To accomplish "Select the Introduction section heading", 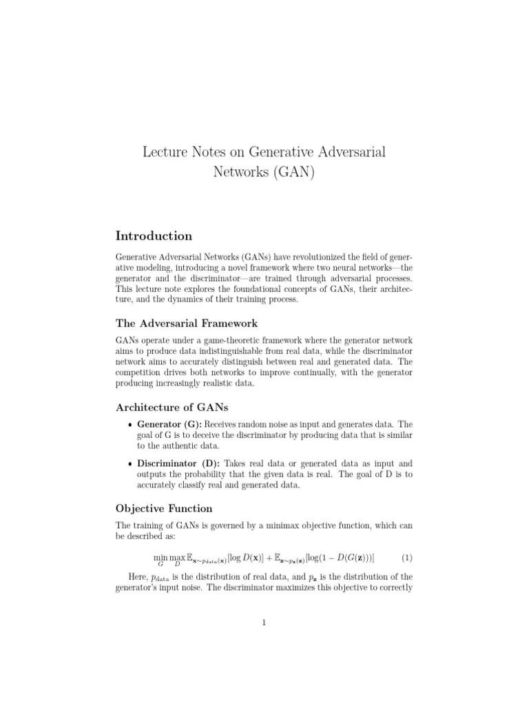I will [154, 236].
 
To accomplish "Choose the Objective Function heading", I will [164, 508].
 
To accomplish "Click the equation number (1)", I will [406, 556].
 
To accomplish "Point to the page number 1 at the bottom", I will [264, 623].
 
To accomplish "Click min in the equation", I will [160, 556].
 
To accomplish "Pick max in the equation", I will [177, 556].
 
